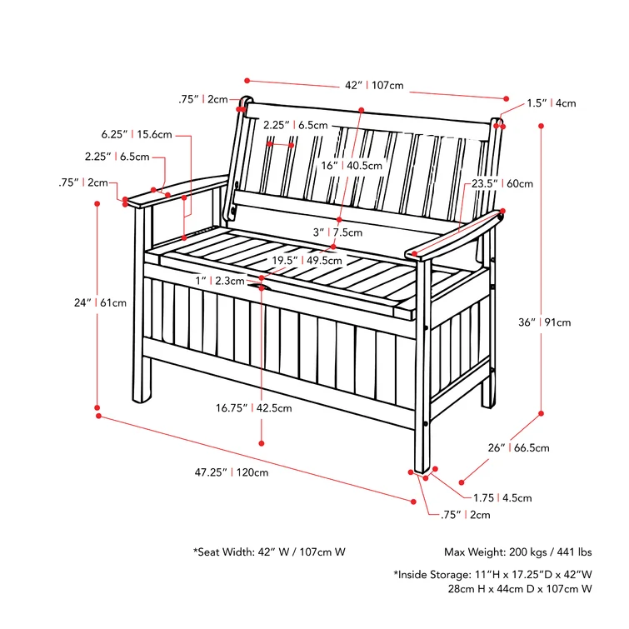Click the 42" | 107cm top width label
pos(375,85)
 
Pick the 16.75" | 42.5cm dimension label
pos(254,408)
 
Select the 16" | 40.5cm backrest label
pos(352,165)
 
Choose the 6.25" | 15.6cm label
pos(137,134)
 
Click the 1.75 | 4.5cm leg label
pos(502,498)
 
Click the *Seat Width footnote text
pos(269,552)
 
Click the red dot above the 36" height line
pos(542,126)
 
